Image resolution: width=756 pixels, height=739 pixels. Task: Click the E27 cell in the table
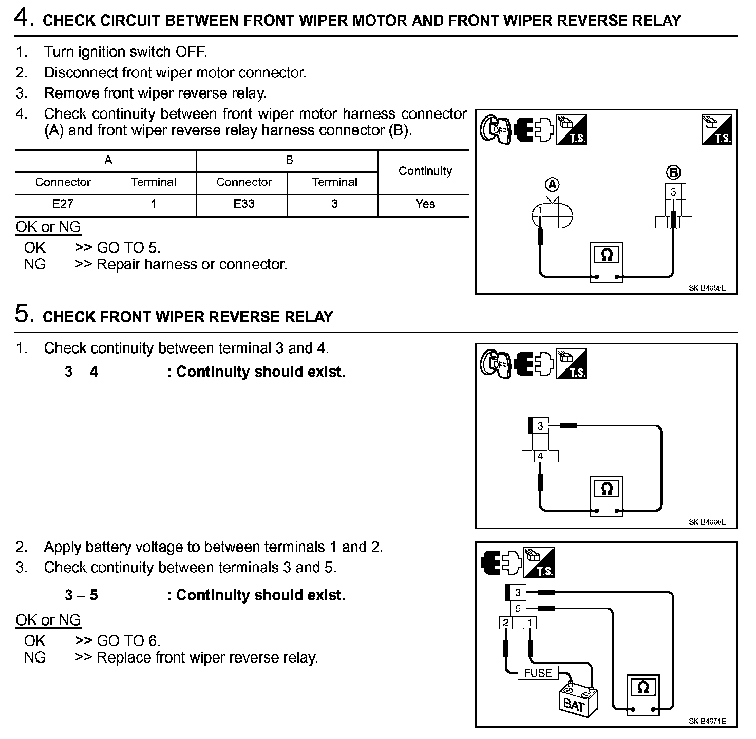(63, 204)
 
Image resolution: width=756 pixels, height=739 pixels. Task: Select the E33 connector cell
(243, 204)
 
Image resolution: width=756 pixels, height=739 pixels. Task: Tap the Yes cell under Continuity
(425, 204)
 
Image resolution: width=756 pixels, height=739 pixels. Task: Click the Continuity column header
(425, 171)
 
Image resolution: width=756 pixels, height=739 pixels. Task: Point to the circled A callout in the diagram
(552, 184)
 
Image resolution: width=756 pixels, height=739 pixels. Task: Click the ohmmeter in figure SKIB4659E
(607, 261)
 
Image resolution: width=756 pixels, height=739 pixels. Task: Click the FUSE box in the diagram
(538, 673)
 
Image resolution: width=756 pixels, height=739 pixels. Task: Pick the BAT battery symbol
(577, 701)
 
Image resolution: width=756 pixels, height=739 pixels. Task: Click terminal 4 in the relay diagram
(540, 456)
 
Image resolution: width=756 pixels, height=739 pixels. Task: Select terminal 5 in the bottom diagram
(518, 609)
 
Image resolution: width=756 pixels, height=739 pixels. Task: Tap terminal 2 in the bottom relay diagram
(505, 623)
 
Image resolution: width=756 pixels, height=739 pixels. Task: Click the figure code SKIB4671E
(707, 721)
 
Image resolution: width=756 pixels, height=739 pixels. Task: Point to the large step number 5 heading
(23, 314)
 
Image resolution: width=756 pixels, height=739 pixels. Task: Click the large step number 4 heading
(23, 18)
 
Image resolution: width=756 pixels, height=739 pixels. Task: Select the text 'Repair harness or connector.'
(192, 264)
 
